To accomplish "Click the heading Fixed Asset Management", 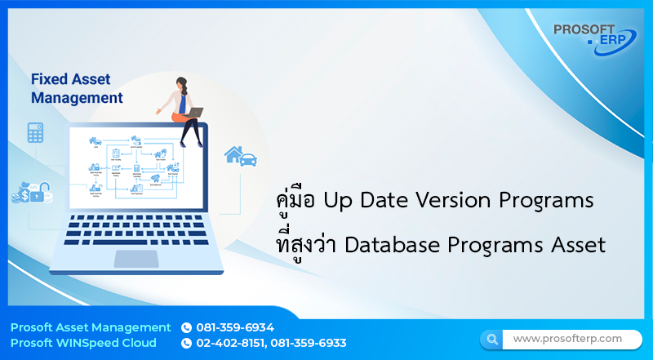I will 77,89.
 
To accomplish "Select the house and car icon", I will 241,154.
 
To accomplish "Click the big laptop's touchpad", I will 136,259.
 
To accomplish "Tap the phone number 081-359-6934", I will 235,327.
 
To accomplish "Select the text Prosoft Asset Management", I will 91,327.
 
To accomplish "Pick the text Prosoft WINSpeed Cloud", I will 85,343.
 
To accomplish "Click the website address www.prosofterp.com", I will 567,338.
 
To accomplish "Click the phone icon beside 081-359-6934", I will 186,327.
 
